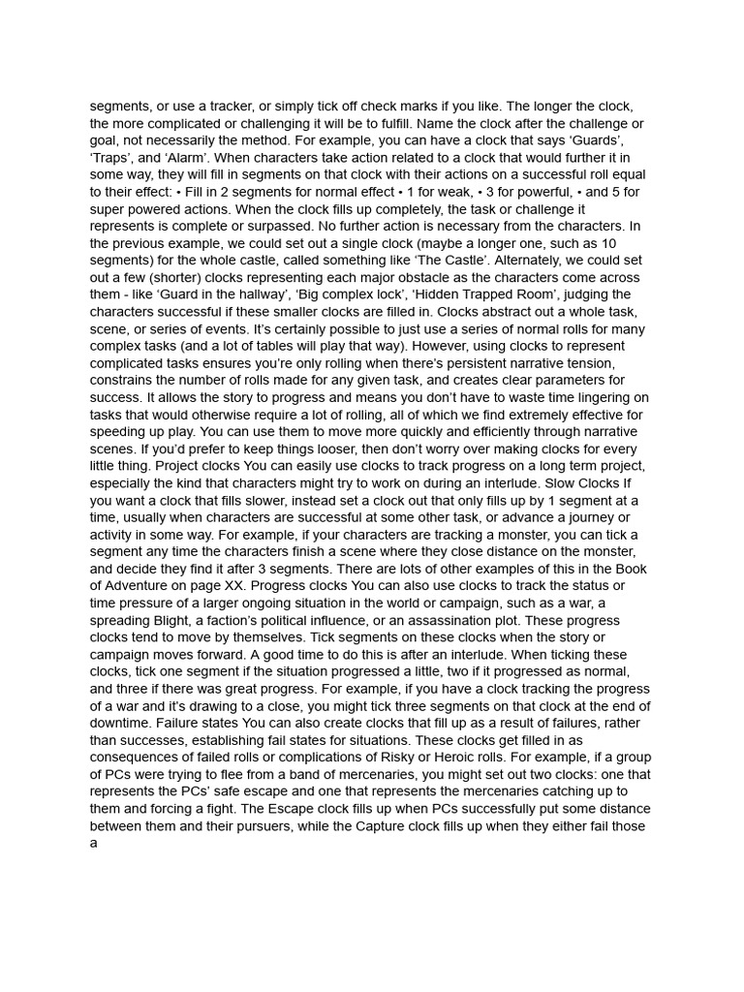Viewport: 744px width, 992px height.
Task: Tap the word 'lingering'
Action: (x=611, y=397)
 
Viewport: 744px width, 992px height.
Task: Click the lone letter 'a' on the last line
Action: (x=94, y=844)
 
